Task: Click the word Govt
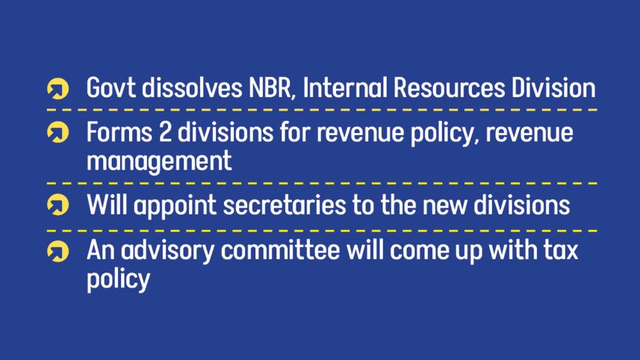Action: point(111,87)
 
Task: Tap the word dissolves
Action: point(191,87)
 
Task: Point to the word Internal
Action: point(345,87)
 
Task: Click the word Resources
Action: point(449,87)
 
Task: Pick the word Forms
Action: point(119,132)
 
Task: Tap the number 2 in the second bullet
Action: point(165,132)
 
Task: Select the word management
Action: point(159,161)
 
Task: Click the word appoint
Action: point(175,205)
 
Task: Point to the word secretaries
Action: point(285,205)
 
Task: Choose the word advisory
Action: point(167,250)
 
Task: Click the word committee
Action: point(280,249)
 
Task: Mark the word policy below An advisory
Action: point(119,279)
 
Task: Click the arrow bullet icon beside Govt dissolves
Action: point(58,89)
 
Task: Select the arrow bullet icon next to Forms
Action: point(58,132)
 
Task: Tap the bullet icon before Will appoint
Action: point(58,205)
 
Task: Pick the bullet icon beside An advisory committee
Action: point(58,251)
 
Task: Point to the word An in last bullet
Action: point(100,250)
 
